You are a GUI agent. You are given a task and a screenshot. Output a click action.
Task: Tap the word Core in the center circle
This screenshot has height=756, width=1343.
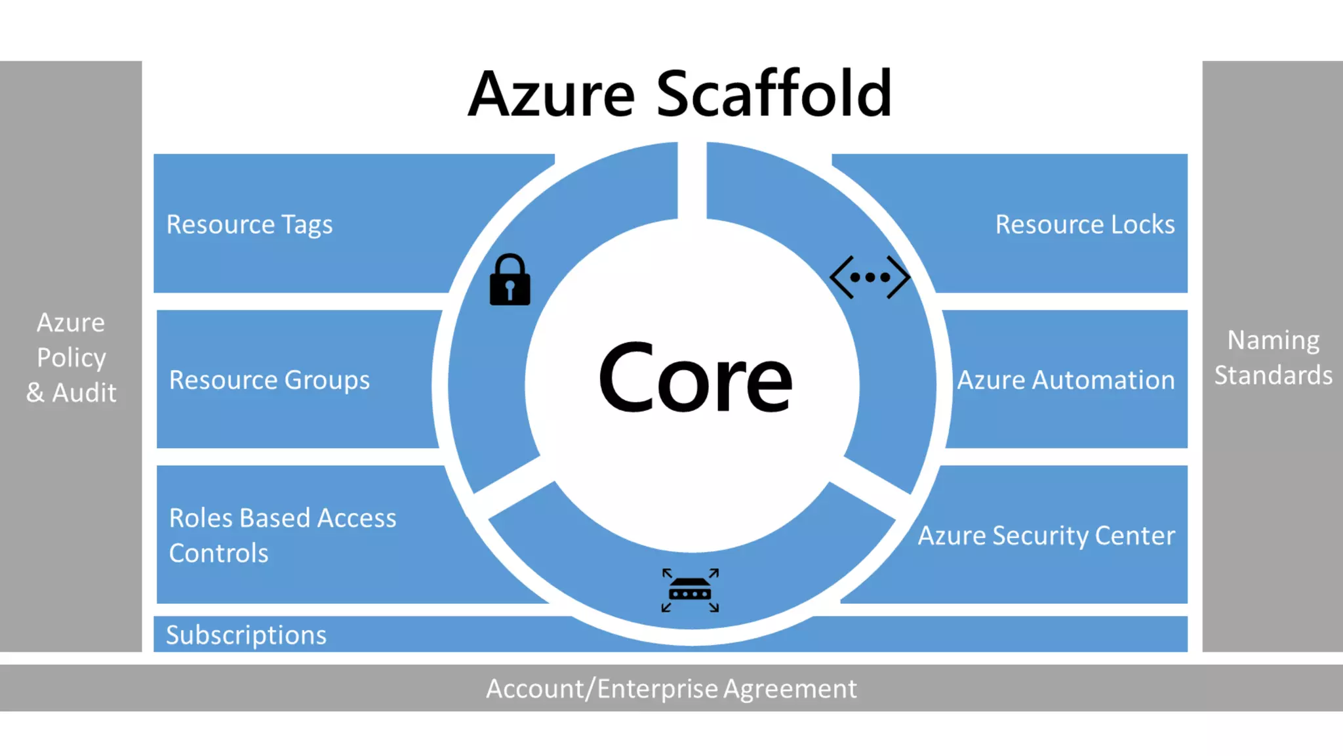695,379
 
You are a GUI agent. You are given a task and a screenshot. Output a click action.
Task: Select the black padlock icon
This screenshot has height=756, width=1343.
510,280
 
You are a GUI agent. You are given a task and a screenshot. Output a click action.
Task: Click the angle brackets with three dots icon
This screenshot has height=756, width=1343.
870,277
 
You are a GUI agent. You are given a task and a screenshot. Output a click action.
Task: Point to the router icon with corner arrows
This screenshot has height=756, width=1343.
690,590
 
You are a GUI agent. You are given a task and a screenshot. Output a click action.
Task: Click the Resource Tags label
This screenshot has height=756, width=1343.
249,224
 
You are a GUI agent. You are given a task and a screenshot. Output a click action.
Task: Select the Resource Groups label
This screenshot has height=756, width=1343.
269,380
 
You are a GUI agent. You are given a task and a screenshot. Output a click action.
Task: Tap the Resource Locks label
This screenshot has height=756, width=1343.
1085,224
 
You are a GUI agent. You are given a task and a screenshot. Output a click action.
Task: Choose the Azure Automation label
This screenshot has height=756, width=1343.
1066,380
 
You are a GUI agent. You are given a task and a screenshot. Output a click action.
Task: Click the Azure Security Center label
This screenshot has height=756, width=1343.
1046,535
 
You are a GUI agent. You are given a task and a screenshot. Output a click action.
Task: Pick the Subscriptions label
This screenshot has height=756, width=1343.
246,635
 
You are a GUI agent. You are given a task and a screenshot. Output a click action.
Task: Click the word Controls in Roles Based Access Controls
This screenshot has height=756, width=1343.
218,553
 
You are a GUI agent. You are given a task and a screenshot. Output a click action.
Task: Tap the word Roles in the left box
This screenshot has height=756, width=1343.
201,518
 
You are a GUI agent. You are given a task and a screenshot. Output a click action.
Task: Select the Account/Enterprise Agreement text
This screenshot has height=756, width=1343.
671,688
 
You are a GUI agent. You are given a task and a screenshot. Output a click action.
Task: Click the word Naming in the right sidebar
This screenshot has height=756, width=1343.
1273,340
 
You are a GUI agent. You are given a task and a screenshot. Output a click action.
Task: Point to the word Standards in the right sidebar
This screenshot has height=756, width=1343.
1273,375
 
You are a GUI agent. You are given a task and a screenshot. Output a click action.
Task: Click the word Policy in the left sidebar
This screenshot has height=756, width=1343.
71,358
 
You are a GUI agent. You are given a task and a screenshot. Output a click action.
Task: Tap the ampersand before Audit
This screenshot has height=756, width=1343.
35,392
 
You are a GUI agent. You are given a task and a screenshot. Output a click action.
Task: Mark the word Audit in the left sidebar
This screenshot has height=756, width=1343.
84,392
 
